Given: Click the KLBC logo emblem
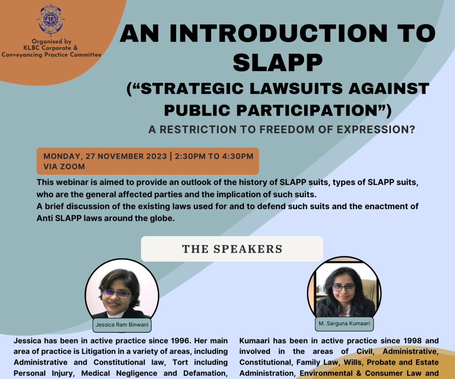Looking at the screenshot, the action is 50,20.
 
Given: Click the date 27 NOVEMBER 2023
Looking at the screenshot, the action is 126,156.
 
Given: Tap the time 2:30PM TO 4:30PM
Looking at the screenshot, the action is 214,156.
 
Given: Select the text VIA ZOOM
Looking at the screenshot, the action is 64,167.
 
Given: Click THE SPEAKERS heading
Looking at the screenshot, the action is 232,249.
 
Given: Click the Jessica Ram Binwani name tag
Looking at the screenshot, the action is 122,325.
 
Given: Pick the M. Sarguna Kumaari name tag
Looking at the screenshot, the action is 344,323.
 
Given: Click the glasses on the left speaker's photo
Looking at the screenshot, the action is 116,294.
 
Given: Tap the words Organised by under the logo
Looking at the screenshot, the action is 52,41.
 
